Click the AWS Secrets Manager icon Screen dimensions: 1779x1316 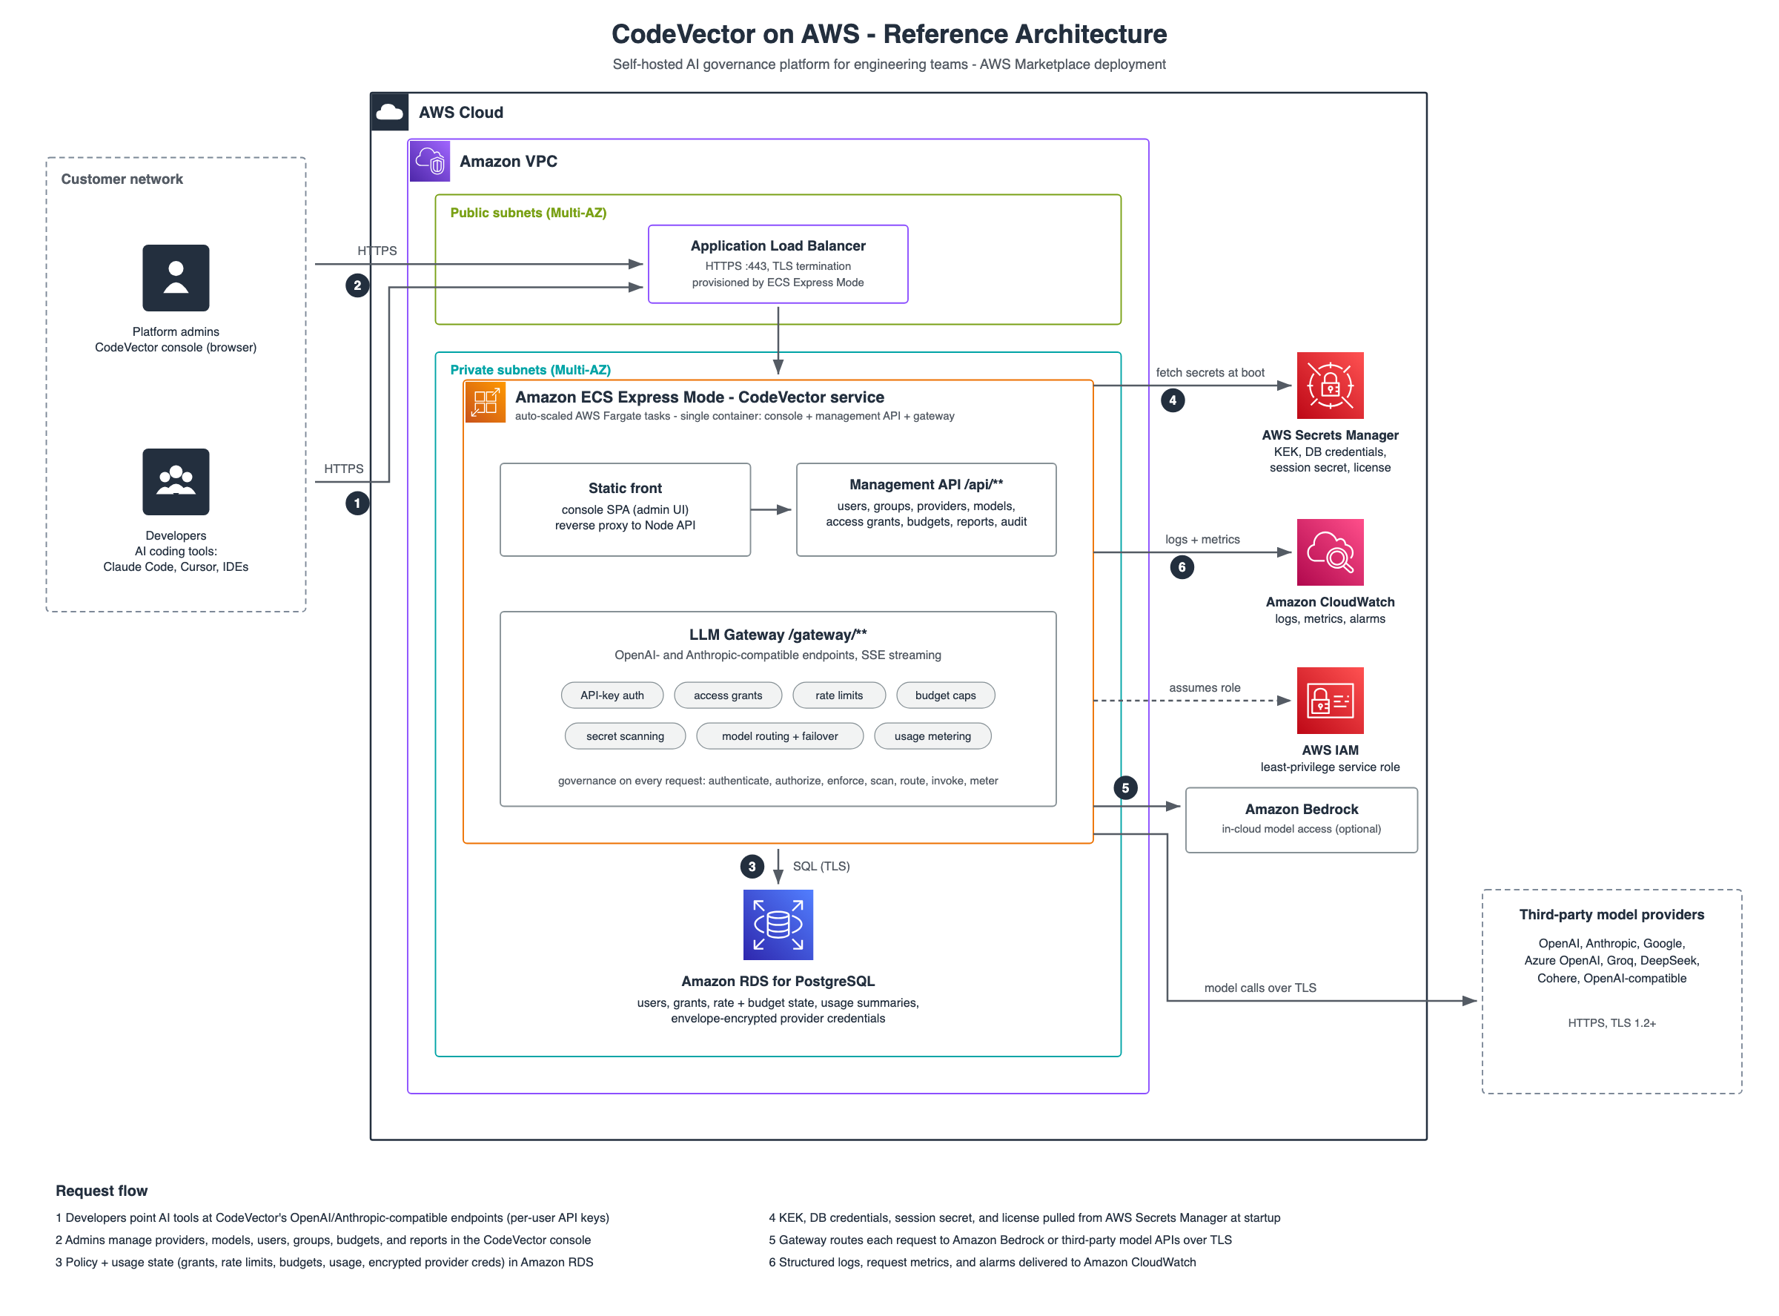click(1330, 386)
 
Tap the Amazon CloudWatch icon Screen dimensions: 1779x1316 click(1330, 552)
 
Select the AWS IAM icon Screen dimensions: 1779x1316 click(1330, 700)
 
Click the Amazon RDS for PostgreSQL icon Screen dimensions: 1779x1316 click(778, 924)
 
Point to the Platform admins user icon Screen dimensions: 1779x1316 click(176, 278)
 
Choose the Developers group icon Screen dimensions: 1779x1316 click(176, 482)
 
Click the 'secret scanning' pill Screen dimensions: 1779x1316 click(625, 736)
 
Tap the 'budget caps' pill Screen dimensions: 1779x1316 click(945, 695)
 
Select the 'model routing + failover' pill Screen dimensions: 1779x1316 click(780, 736)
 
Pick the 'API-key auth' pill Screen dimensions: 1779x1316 click(612, 695)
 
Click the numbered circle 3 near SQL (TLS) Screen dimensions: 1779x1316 click(752, 867)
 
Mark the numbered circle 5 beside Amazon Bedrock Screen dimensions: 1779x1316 click(1125, 788)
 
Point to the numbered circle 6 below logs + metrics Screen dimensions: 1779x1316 click(1182, 567)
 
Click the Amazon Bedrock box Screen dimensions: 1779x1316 click(1301, 820)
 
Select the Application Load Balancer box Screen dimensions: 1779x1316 click(778, 264)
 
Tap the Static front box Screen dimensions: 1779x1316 click(625, 510)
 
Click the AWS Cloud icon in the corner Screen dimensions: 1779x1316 click(389, 111)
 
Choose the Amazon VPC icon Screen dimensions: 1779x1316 click(430, 161)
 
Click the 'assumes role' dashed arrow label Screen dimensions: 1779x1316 click(1204, 687)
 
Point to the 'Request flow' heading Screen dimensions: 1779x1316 click(101, 1191)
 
